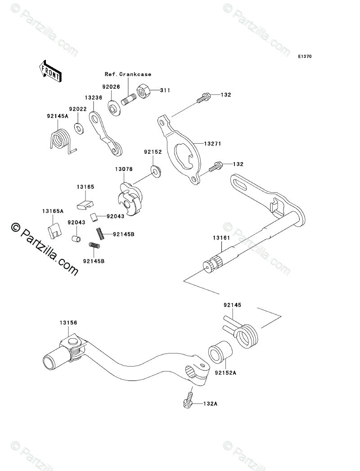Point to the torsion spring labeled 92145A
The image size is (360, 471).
tap(60, 139)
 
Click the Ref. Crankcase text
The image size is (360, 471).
tap(128, 74)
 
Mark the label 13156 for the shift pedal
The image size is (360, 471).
tap(67, 322)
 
